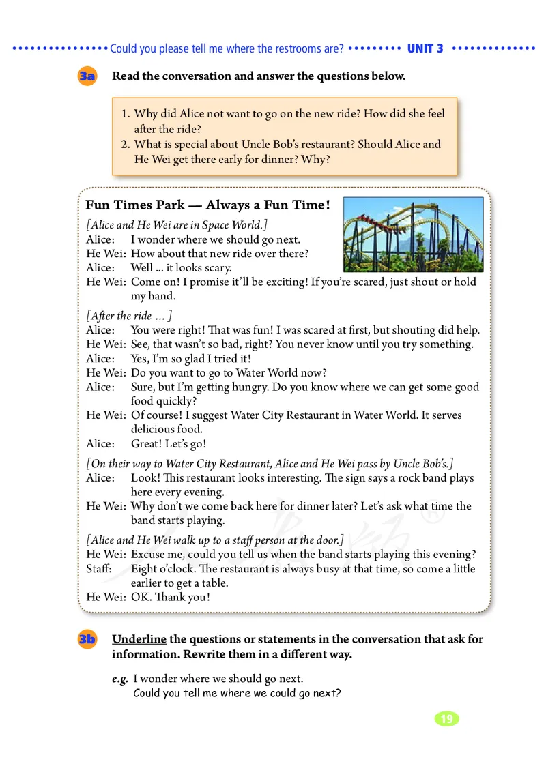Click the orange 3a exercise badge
87,77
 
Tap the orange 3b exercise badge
87,640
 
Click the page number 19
446,719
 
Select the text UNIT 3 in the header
425,48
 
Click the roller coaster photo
413,234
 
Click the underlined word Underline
139,639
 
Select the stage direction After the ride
129,316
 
